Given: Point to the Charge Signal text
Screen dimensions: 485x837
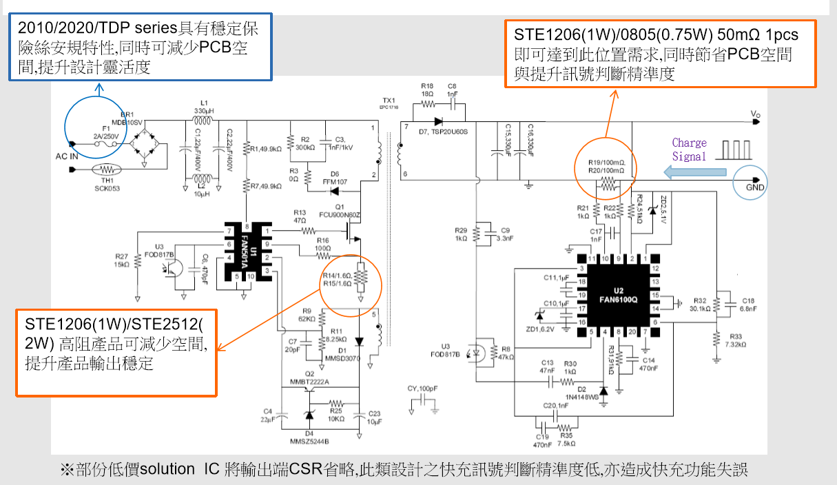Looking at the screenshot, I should coord(689,149).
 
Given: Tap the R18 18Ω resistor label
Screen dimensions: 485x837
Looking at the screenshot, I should coord(426,90).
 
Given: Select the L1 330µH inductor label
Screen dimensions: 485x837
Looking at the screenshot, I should coord(203,106).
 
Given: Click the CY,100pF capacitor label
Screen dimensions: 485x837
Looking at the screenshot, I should coord(421,389).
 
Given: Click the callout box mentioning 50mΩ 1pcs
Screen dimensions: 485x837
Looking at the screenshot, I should coord(661,54).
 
